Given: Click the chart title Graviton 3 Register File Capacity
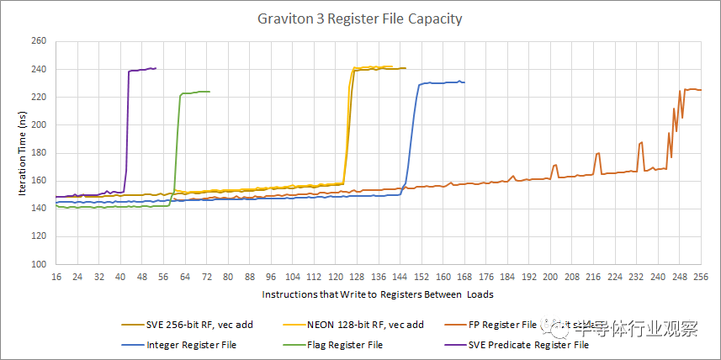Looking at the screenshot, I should point(360,19).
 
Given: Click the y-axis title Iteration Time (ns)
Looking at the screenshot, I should point(24,152).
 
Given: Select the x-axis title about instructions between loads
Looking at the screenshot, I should point(377,294).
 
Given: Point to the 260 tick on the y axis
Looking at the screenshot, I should point(39,41).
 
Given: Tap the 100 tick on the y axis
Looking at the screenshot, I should point(39,264).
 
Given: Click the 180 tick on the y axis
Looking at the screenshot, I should point(39,153).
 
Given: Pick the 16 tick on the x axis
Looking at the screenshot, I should point(56,276).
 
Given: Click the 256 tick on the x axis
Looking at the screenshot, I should point(700,276).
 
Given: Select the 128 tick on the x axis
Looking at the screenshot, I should point(357,276).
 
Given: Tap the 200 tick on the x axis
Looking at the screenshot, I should point(550,276).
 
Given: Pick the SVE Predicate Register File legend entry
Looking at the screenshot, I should point(527,344).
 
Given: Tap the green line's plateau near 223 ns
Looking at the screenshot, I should point(195,93).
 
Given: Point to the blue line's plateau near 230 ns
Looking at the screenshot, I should point(442,82).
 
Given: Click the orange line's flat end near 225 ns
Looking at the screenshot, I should point(693,89).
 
